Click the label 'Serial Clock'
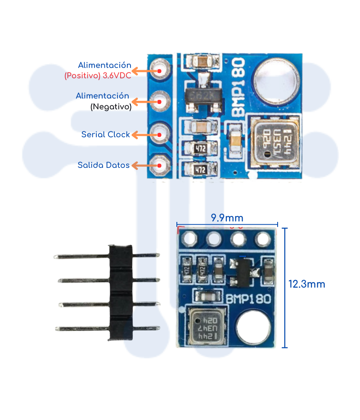click(x=105, y=135)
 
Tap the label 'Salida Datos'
click(x=103, y=165)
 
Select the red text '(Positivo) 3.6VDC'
click(x=98, y=76)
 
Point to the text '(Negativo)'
click(x=111, y=107)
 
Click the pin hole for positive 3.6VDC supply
click(x=160, y=70)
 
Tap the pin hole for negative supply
click(x=160, y=102)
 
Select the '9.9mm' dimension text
click(x=227, y=218)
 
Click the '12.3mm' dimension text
click(x=306, y=285)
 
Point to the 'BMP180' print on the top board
click(x=238, y=86)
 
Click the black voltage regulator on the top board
click(x=204, y=96)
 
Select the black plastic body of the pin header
click(x=120, y=293)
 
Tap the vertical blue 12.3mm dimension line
click(x=284, y=288)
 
